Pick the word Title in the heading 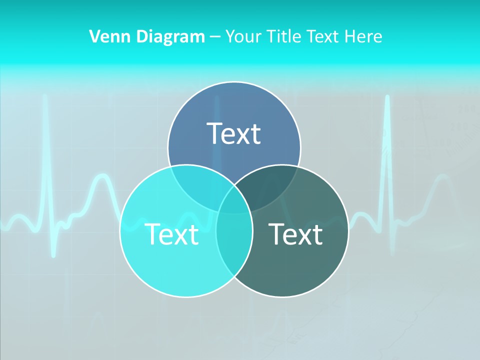tap(284, 36)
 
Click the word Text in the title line tap(323, 36)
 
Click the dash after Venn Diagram tap(215, 37)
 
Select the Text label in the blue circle tap(234, 133)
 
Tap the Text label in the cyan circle tap(171, 234)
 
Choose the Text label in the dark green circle tap(295, 234)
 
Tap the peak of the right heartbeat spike tap(387, 96)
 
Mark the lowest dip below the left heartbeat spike tap(54, 255)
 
